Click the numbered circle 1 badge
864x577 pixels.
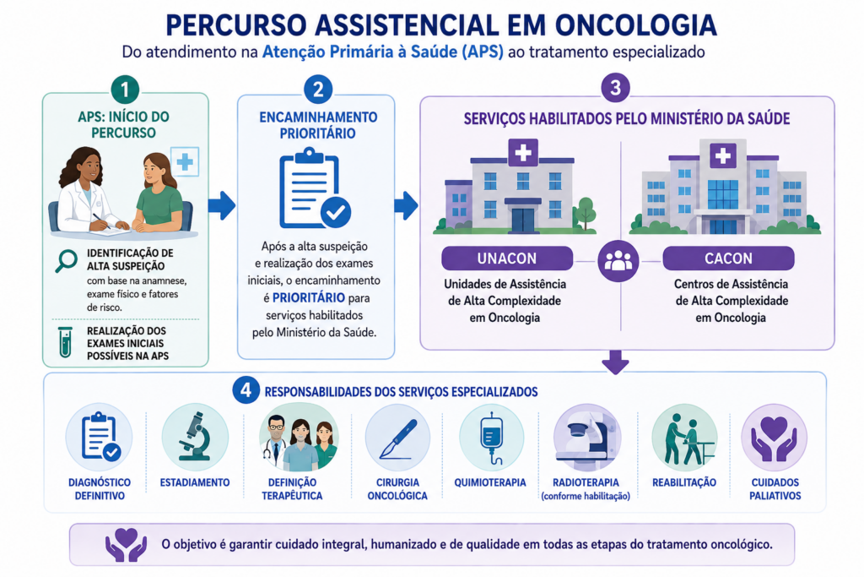tap(125, 90)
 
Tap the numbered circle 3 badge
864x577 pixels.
tap(615, 87)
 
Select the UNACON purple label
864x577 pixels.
tap(507, 259)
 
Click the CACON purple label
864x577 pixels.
tap(728, 259)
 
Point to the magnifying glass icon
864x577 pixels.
tap(66, 261)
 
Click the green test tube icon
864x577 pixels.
tap(66, 342)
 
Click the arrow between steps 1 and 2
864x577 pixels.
tap(222, 206)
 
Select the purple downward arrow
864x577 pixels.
tap(615, 362)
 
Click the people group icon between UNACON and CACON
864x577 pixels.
tap(618, 261)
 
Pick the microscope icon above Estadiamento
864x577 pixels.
tap(195, 436)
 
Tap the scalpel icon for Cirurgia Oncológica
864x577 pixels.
tap(397, 438)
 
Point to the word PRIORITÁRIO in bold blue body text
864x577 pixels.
tap(309, 298)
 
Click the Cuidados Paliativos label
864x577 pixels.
tap(775, 489)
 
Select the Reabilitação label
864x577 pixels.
tap(684, 482)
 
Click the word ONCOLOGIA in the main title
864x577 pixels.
tap(636, 25)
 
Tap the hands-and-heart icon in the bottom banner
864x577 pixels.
tap(127, 544)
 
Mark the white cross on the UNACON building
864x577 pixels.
tap(523, 153)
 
